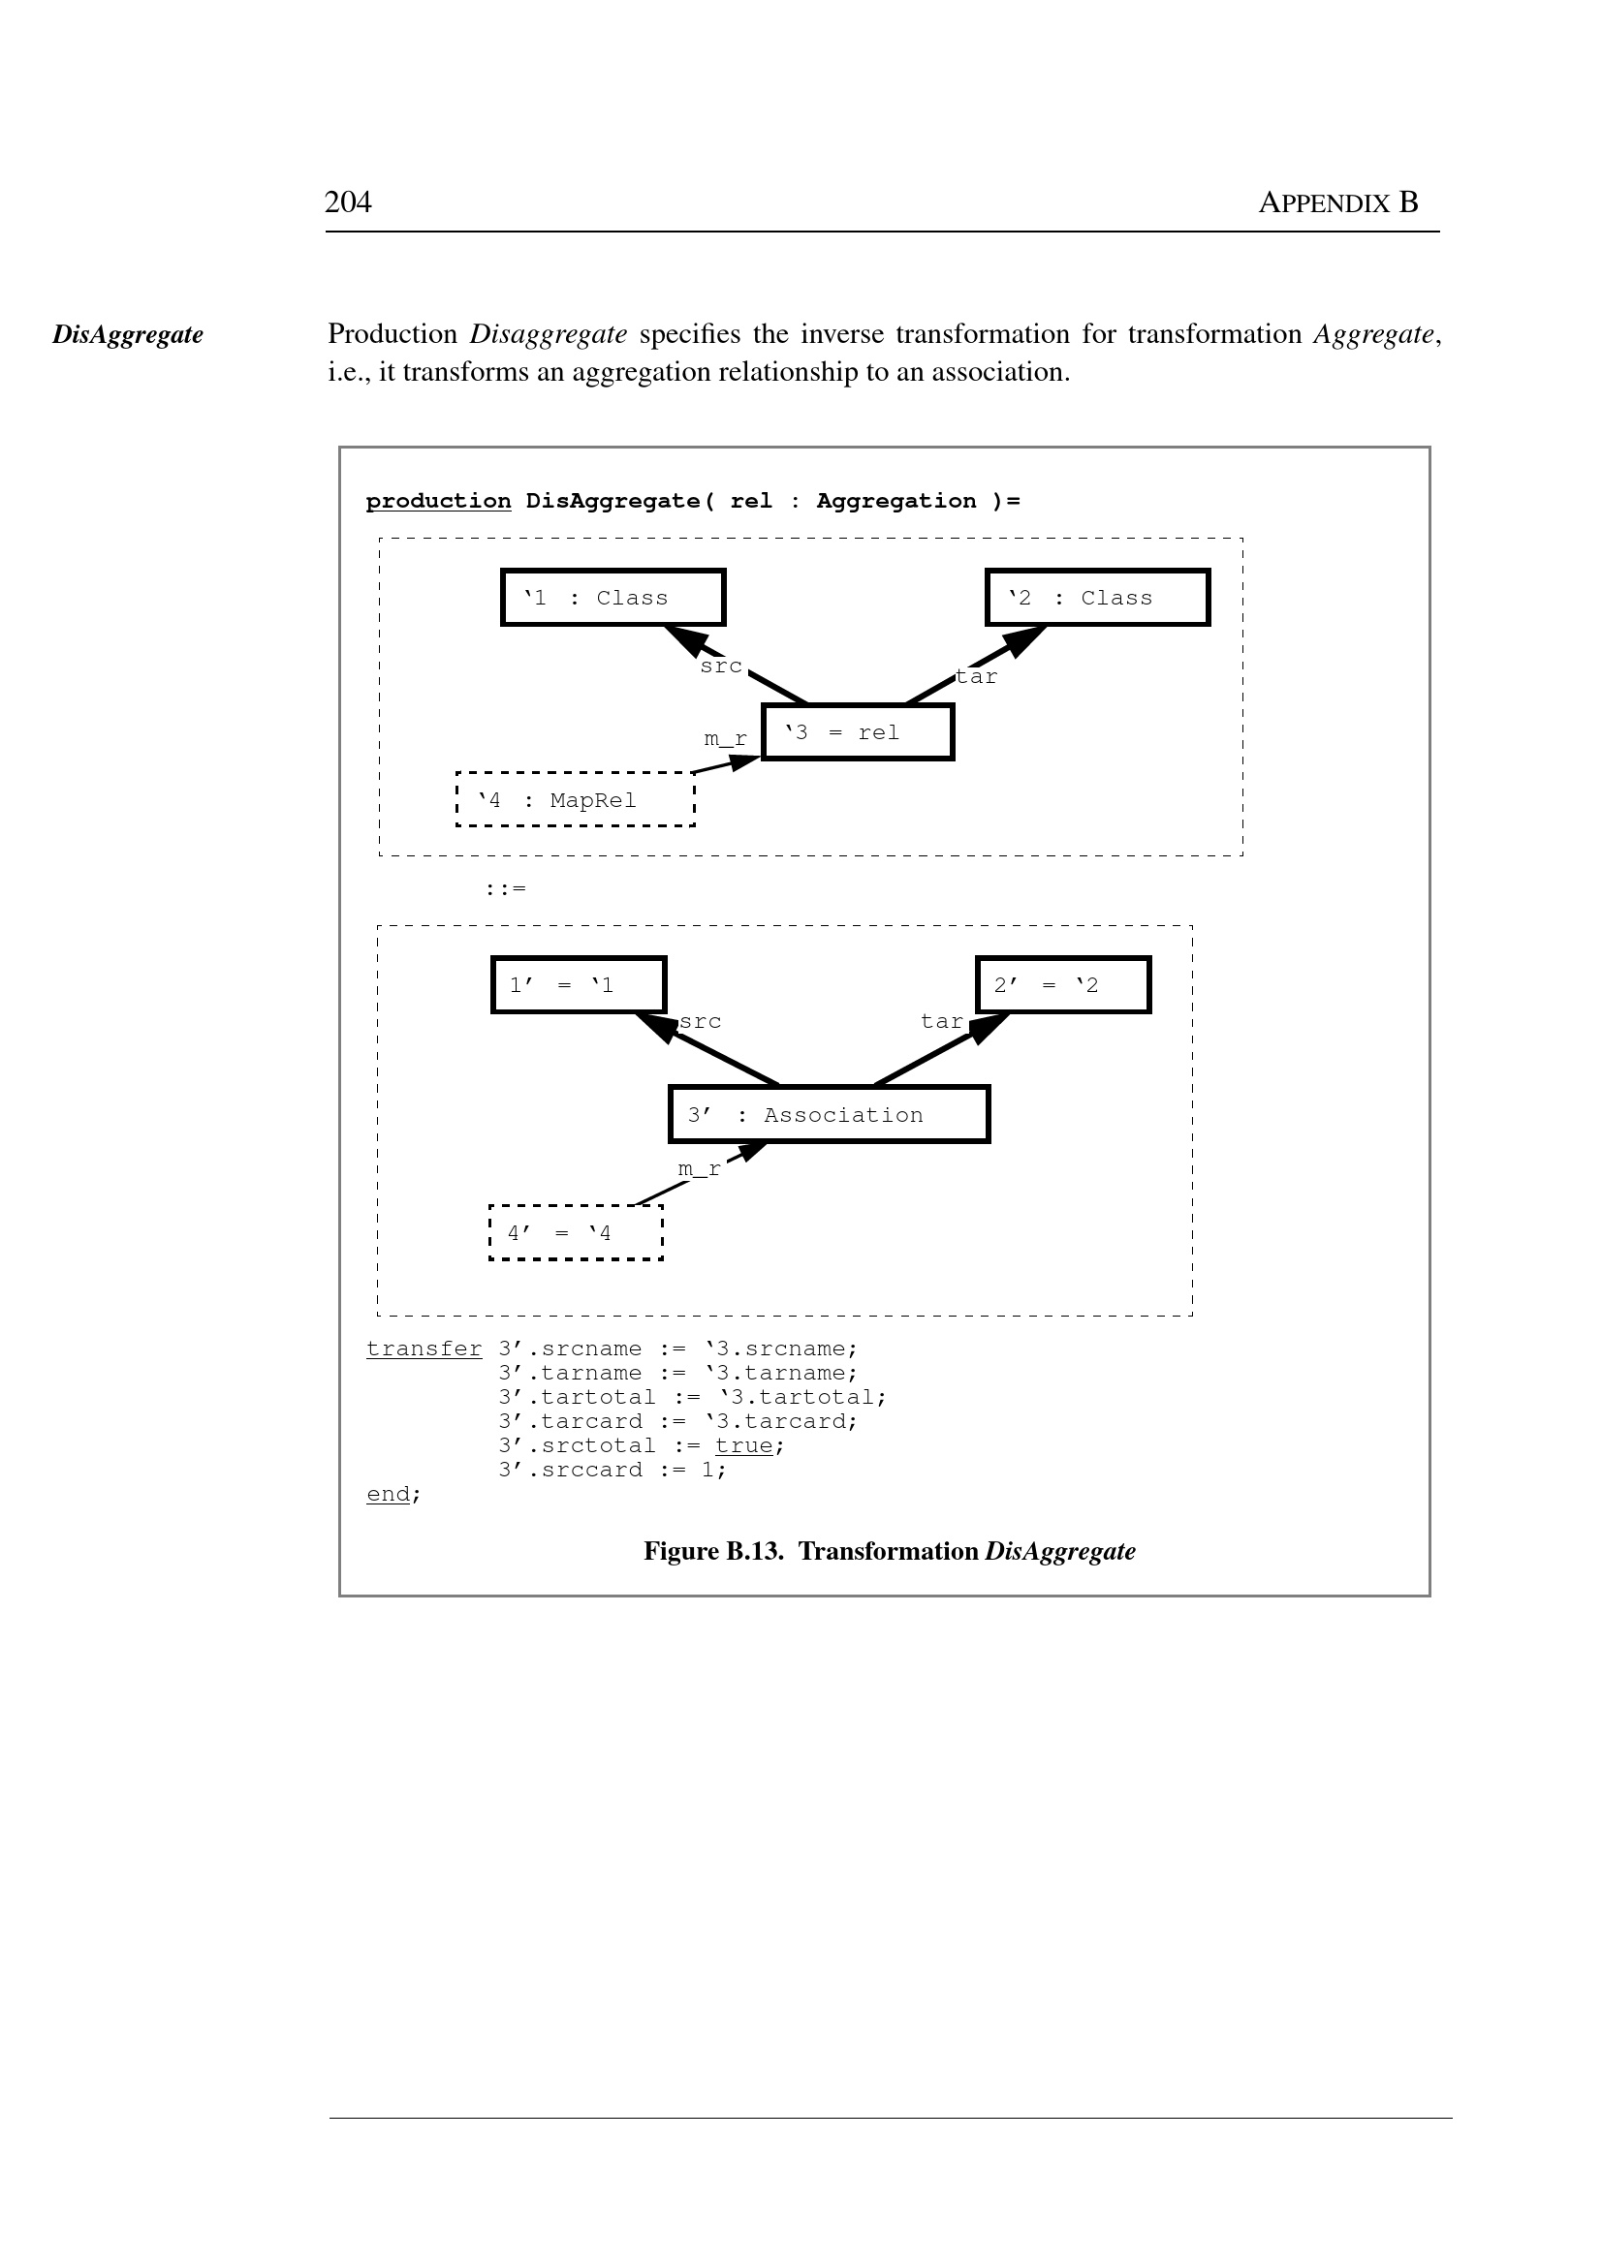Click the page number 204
pos(348,202)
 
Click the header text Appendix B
pos(1337,203)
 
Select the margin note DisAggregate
pos(128,334)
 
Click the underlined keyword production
pos(438,501)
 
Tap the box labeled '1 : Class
pos(613,598)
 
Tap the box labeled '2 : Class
pos(1097,598)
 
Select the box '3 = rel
pos(858,732)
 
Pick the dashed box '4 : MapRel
pos(575,799)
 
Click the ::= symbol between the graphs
pos(505,888)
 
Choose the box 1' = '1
pos(579,985)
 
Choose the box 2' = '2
pos(1062,985)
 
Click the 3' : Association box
pos(829,1115)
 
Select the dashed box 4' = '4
pos(576,1232)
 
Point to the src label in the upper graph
pos(721,666)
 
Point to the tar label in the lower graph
pos(941,1022)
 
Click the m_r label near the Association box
pos(699,1169)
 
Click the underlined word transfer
pos(424,1348)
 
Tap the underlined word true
pos(743,1445)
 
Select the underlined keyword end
pos(388,1494)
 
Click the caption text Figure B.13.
pos(712,1551)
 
